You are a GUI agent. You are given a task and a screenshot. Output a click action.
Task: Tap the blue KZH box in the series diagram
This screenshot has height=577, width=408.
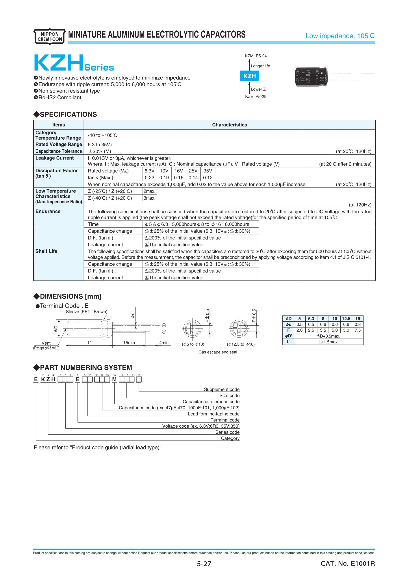tap(249, 76)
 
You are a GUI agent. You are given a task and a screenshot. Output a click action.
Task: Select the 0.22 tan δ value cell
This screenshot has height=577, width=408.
tap(150, 178)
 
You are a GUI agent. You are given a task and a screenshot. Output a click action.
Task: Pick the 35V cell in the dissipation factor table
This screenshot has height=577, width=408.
tap(208, 171)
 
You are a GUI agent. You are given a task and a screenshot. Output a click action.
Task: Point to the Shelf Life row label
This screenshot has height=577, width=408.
tap(46, 251)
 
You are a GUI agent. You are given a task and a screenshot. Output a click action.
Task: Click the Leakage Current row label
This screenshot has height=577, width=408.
tap(54, 158)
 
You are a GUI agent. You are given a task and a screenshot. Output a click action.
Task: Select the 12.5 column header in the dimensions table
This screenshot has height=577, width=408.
tap(346, 319)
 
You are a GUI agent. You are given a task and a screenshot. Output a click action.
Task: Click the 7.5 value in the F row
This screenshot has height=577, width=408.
tap(358, 330)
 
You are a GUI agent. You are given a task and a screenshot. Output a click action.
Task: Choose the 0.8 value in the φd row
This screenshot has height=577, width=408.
tap(358, 325)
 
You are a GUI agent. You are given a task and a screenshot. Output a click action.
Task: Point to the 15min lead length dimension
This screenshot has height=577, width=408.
tap(129, 343)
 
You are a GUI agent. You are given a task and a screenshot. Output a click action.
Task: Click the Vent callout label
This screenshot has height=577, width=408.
tap(46, 343)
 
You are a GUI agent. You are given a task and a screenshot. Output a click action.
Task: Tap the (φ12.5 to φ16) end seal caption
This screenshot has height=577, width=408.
tap(241, 344)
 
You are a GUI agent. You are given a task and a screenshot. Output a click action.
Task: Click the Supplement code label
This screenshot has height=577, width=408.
tap(222, 389)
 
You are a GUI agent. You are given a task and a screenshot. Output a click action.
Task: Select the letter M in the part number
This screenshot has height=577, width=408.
tap(114, 379)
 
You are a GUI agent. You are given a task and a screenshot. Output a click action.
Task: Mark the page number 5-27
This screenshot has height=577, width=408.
tap(204, 564)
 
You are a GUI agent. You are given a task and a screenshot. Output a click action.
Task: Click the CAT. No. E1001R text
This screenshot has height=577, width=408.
tap(348, 563)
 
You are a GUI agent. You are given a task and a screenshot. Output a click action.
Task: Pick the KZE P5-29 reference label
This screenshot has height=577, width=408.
tap(256, 96)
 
